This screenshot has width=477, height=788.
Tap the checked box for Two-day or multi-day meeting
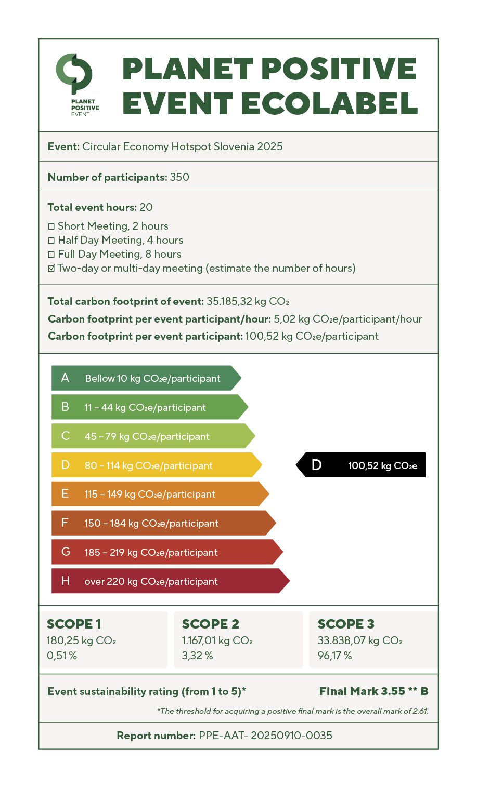coord(51,269)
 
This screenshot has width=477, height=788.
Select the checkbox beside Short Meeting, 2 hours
coord(51,226)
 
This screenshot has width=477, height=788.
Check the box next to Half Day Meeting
coord(51,241)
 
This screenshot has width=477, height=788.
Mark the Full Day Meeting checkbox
coord(51,255)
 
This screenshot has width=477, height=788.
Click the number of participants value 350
coord(179,177)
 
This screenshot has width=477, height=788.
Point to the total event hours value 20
coord(146,207)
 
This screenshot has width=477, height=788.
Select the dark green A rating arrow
coord(146,378)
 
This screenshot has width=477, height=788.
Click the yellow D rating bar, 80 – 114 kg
coord(156,465)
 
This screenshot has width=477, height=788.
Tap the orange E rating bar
coord(159,494)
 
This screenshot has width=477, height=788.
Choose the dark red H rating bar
coord(170,581)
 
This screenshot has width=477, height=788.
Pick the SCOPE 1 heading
coord(74,624)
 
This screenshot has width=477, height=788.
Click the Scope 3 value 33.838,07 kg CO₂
coord(360,640)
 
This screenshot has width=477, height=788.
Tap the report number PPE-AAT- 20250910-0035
coord(265,736)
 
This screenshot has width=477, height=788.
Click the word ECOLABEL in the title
coord(330,103)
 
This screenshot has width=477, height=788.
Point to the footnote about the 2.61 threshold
coord(293,711)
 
